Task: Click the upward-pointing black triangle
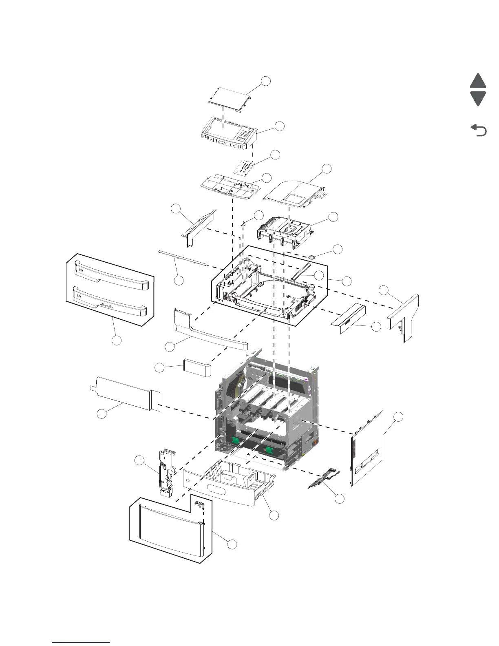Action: (478, 81)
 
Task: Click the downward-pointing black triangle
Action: (478, 98)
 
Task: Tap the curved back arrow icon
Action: (479, 131)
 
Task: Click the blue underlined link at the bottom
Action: (81, 642)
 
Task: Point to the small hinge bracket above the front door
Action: (199, 505)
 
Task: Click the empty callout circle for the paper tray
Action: (274, 515)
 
